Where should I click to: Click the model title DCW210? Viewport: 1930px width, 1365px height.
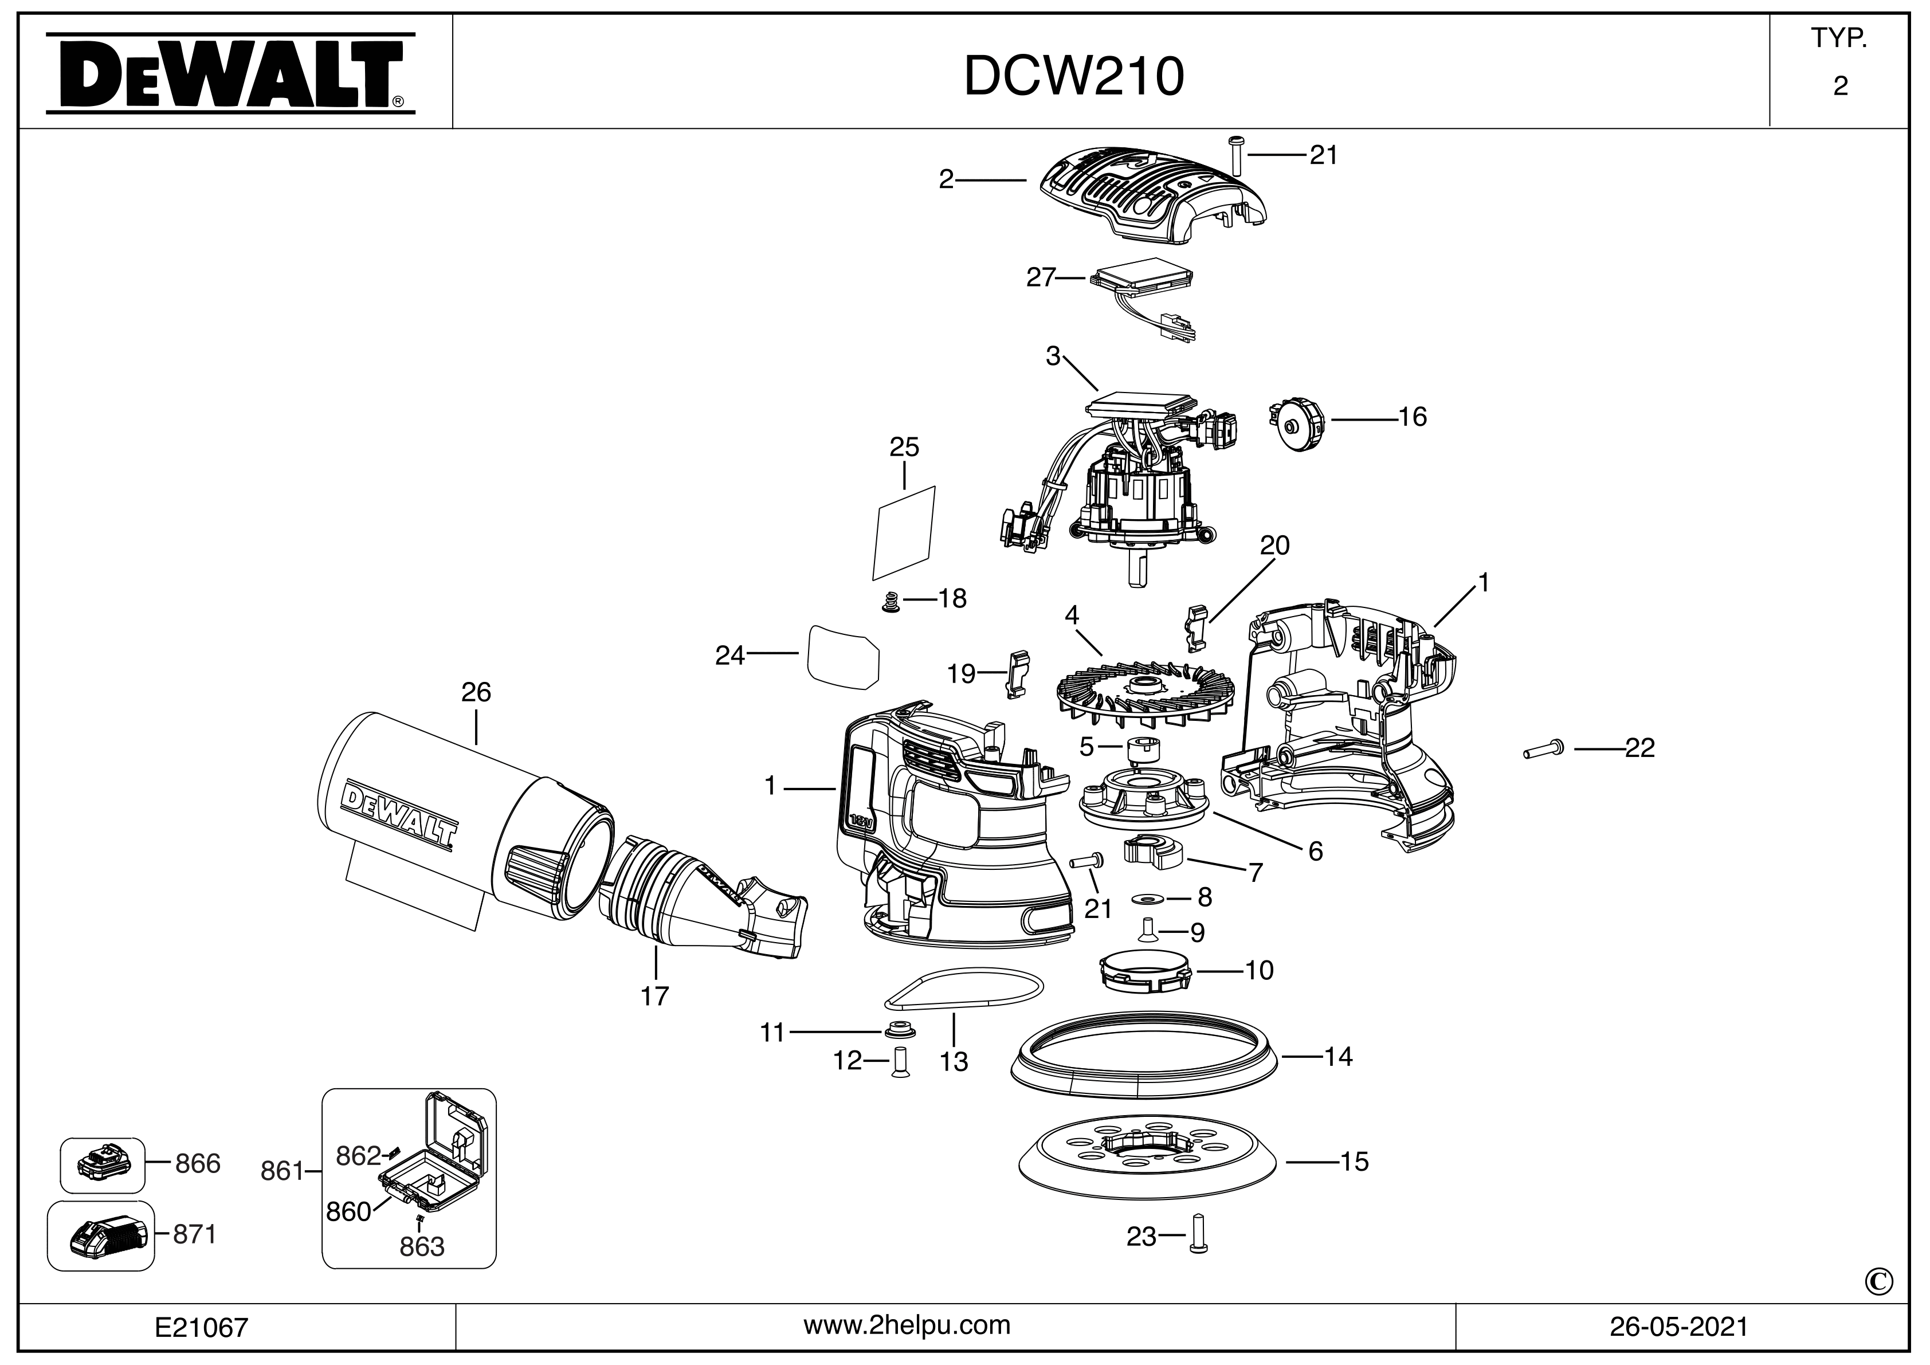point(1073,76)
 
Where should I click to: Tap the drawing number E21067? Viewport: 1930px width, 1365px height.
point(202,1327)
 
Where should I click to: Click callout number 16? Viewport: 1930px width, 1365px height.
point(1412,417)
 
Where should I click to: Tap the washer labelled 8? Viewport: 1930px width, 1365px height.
point(1146,899)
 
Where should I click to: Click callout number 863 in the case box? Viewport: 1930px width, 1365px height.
point(422,1246)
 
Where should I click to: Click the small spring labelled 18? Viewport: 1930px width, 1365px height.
point(891,602)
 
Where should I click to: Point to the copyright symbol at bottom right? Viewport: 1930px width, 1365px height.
point(1880,1282)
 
